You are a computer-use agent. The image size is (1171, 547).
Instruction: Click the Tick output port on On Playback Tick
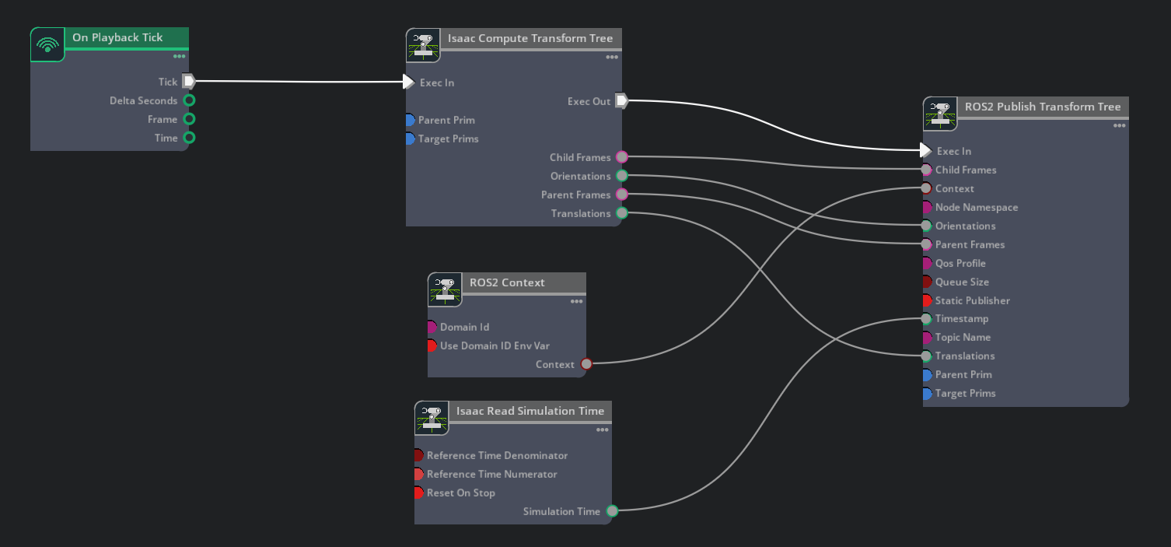click(188, 81)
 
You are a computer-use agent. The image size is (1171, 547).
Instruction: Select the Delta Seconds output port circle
click(189, 100)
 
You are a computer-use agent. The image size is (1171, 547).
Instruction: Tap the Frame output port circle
click(189, 119)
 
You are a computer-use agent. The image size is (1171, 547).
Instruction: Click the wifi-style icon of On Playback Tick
click(47, 45)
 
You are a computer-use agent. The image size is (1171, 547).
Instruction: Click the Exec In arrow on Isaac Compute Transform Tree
click(408, 82)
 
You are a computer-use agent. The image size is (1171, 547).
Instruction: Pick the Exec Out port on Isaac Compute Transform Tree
click(621, 100)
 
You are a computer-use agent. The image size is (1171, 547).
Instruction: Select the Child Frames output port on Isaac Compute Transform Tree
click(621, 156)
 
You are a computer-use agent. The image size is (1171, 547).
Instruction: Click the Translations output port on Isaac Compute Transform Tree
click(621, 213)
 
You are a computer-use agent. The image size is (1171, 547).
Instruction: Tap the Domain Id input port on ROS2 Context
click(432, 327)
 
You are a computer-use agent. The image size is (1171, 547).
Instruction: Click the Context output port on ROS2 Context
click(586, 364)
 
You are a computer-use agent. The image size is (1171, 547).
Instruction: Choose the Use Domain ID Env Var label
click(495, 345)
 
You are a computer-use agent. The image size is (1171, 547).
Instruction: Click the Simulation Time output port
click(612, 510)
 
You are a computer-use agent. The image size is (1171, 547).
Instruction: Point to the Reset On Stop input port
click(419, 493)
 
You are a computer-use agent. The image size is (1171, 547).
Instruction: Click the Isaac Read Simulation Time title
click(530, 411)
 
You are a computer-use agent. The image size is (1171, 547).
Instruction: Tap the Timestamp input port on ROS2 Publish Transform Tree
click(926, 318)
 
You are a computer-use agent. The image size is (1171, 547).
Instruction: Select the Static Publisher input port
click(927, 300)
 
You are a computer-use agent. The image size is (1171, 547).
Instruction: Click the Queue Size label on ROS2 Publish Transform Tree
click(962, 282)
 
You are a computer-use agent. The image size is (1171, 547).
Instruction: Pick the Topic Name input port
click(927, 337)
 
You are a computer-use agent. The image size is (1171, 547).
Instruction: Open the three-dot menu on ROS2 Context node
click(576, 301)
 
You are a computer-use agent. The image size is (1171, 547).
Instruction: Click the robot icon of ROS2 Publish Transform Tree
click(940, 114)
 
